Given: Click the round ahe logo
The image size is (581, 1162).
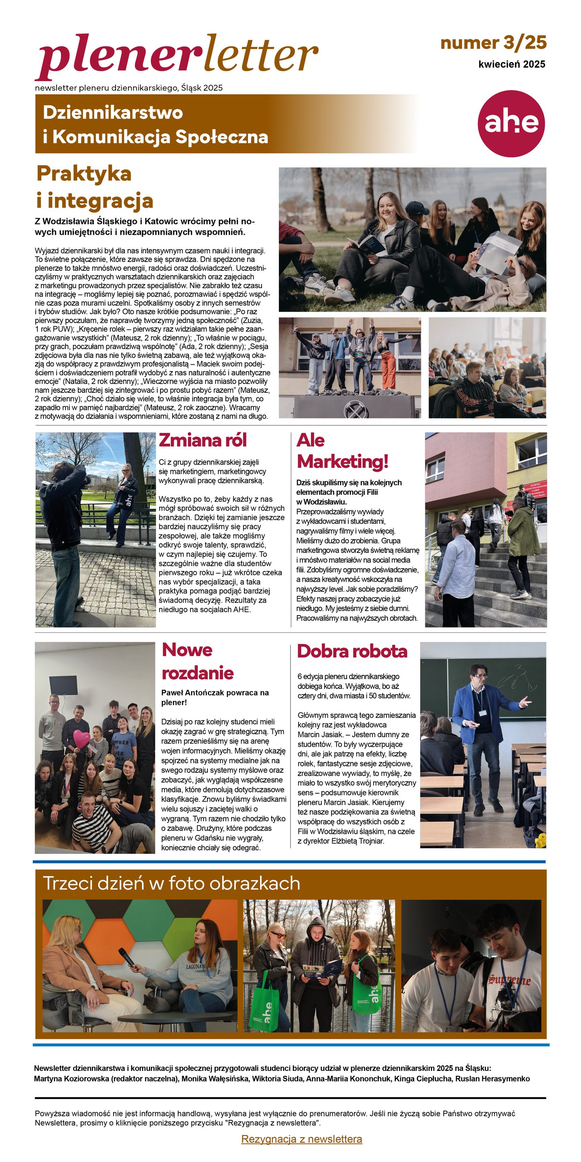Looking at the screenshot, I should coord(511,124).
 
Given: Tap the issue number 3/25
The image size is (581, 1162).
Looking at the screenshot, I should coord(494,43).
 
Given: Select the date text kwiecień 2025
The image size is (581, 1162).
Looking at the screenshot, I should coord(512,64).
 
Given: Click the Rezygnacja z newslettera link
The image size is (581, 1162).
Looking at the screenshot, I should coord(301,1139).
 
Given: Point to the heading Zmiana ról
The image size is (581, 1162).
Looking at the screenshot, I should coord(203,440).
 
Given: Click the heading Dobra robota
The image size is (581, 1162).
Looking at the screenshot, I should coord(352,651).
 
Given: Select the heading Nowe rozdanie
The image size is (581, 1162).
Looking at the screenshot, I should coord(197,661).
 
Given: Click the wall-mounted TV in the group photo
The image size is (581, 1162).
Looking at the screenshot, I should coord(64,685).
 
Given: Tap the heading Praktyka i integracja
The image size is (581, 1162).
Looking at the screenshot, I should coord(95,187).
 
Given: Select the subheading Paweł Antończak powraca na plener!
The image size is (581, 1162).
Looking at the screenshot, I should coord(215,697).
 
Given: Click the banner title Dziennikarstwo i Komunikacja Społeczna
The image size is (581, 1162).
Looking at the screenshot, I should coord(155,124).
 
